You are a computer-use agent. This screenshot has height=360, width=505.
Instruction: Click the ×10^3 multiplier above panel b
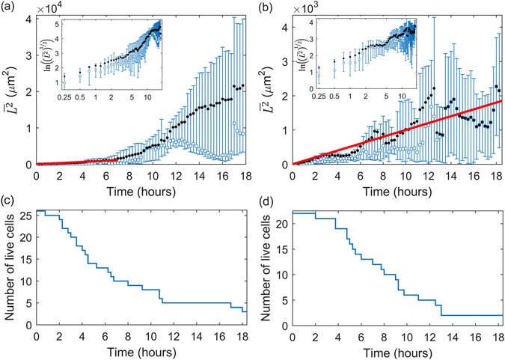tap(306, 7)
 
